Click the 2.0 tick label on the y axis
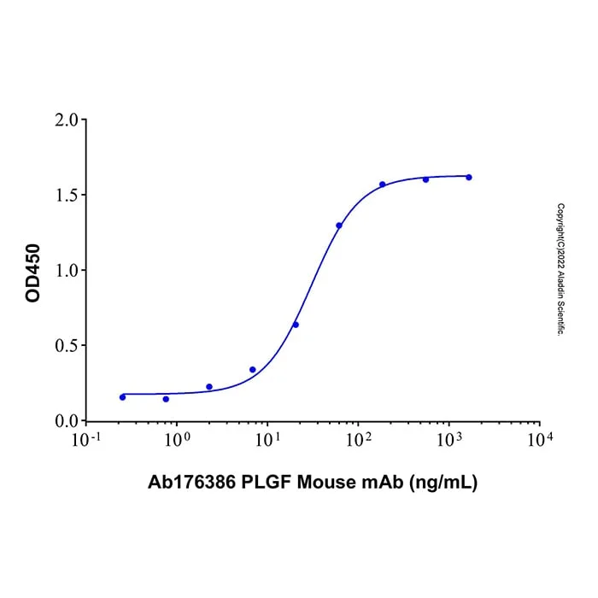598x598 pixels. [66, 120]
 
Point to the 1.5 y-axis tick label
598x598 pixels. [66, 196]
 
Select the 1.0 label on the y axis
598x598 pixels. [66, 271]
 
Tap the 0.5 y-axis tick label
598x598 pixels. [66, 346]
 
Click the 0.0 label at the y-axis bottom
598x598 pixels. [66, 421]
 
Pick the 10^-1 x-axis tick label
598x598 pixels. [86, 439]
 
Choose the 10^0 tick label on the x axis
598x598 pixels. [177, 439]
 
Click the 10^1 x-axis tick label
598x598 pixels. [267, 439]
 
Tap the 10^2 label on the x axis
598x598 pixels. [358, 439]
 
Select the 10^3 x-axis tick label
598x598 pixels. [448, 439]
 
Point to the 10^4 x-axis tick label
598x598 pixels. [540, 439]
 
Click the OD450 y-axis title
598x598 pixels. [32, 273]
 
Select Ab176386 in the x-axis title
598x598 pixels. [191, 482]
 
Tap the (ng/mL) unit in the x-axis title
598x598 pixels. [443, 483]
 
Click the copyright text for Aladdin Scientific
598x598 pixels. [560, 269]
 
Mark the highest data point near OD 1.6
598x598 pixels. [469, 178]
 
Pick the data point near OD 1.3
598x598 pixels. [339, 226]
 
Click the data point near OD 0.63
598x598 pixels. [296, 325]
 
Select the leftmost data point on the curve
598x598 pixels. [122, 397]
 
